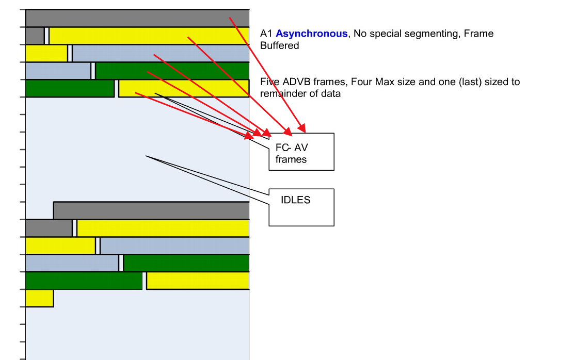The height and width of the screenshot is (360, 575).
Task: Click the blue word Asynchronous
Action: pos(312,34)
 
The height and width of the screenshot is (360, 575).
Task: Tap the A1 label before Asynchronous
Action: pos(266,34)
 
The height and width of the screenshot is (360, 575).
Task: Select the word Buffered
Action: pos(280,45)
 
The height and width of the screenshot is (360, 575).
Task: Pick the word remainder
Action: pos(283,94)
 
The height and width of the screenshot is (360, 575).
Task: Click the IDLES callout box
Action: pos(301,207)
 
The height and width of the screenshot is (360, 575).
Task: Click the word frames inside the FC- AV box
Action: pos(291,159)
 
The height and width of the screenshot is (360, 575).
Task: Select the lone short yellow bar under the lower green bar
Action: pos(39,298)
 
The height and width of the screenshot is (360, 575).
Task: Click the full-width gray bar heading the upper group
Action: pos(137,18)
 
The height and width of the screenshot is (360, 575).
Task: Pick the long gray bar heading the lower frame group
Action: pos(151,210)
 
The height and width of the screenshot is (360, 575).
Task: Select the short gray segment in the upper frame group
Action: pos(35,36)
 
